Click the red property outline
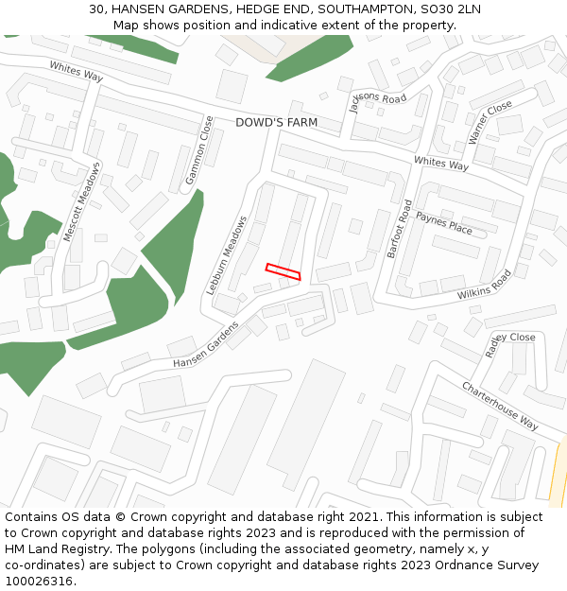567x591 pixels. [x=283, y=271]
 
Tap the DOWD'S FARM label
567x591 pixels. [x=276, y=123]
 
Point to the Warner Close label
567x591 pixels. [x=490, y=122]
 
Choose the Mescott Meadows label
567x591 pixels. [x=81, y=202]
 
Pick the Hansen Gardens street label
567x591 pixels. [x=206, y=345]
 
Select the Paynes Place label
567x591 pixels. [x=443, y=223]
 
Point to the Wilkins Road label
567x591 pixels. [x=484, y=285]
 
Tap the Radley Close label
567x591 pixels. [x=510, y=341]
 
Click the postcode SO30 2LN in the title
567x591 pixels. [x=449, y=9]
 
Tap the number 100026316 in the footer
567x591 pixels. [x=38, y=582]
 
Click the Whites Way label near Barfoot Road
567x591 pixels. [x=440, y=164]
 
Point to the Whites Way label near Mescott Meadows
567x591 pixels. [x=77, y=71]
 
